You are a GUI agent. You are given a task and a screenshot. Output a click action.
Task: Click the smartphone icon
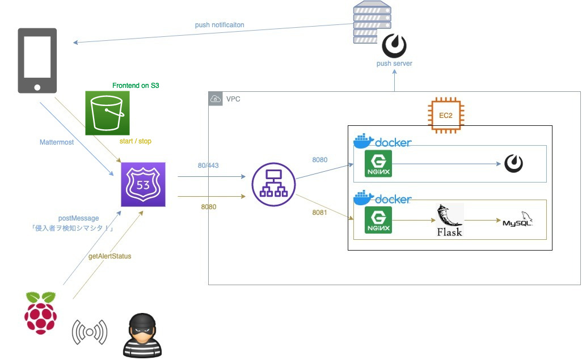tap(37, 60)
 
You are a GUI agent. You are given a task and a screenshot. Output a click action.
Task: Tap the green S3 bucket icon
tap(108, 113)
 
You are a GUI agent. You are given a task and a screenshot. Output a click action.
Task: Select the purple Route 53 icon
tap(143, 185)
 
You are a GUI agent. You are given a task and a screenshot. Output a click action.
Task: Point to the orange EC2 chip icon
tap(445, 115)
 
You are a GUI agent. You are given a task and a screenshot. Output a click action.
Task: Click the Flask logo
tap(449, 220)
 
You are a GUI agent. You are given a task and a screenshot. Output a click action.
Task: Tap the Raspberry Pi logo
tap(41, 313)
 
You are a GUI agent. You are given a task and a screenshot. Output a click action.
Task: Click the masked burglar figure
tap(142, 334)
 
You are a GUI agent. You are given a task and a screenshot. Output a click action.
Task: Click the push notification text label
tap(220, 25)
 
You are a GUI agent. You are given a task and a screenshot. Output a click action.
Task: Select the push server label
tap(394, 63)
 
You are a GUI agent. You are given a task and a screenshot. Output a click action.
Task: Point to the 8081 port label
tap(320, 213)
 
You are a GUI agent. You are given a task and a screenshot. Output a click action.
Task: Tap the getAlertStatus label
tap(110, 256)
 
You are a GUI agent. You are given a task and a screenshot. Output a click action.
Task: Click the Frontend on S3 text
tap(136, 86)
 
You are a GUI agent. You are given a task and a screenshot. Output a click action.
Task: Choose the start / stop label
tap(136, 141)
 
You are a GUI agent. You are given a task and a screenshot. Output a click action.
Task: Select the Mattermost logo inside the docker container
tap(513, 164)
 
